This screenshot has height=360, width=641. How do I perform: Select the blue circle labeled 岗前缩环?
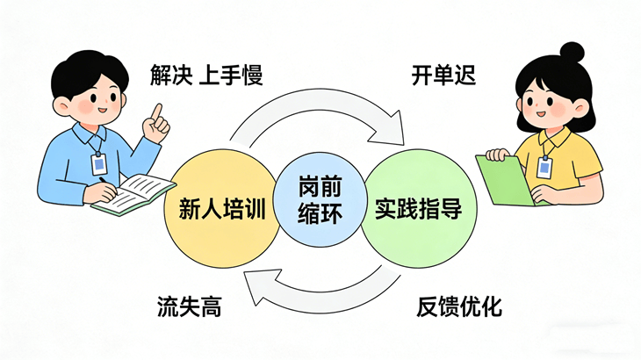tap(320, 199)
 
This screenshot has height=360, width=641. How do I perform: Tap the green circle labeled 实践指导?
tap(419, 208)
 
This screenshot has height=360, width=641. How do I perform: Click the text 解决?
tap(170, 75)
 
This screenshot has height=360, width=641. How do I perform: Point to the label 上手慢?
tap(231, 75)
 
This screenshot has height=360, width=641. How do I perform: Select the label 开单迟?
tap(444, 75)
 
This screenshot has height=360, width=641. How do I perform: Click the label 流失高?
tap(190, 306)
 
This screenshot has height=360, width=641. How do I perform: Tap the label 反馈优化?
tap(459, 306)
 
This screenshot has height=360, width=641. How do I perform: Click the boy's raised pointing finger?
tap(156, 112)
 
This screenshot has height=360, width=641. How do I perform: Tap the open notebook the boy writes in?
tap(133, 194)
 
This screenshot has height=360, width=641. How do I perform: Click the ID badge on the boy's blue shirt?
tap(98, 164)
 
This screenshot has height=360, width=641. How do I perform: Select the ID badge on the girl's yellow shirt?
tap(544, 167)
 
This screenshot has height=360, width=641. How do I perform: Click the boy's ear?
tap(61, 106)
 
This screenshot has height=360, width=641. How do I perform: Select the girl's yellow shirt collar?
tap(554, 138)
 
